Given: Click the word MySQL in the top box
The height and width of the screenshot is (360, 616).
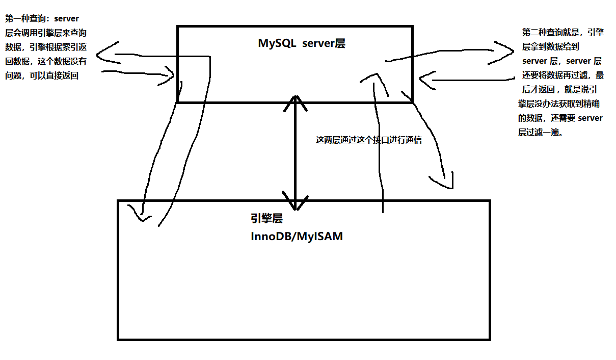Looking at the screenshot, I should tap(277, 43).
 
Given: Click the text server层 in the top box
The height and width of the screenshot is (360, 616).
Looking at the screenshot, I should tap(324, 43).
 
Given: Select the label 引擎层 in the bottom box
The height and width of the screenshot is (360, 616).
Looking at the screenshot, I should tap(266, 219).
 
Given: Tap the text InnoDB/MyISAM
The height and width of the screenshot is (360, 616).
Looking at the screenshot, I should tap(297, 237).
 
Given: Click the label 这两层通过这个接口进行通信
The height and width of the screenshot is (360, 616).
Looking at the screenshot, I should tap(369, 140).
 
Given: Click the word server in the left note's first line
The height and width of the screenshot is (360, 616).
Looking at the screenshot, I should tap(66, 18).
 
